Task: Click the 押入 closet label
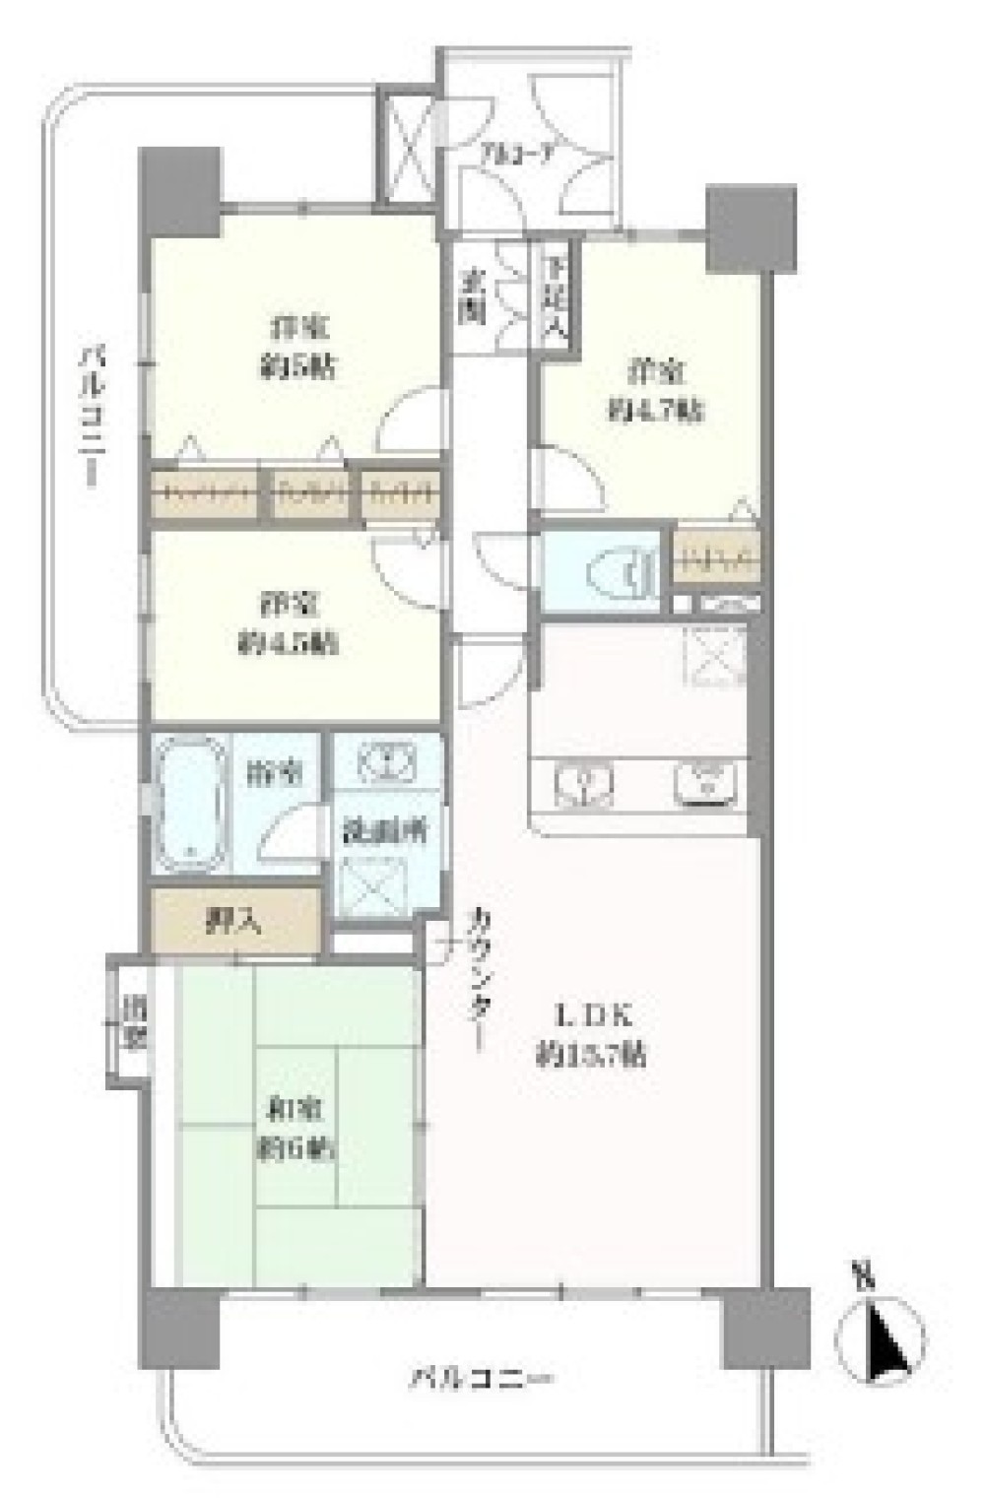[x=233, y=922]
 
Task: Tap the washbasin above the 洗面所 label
[x=386, y=764]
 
